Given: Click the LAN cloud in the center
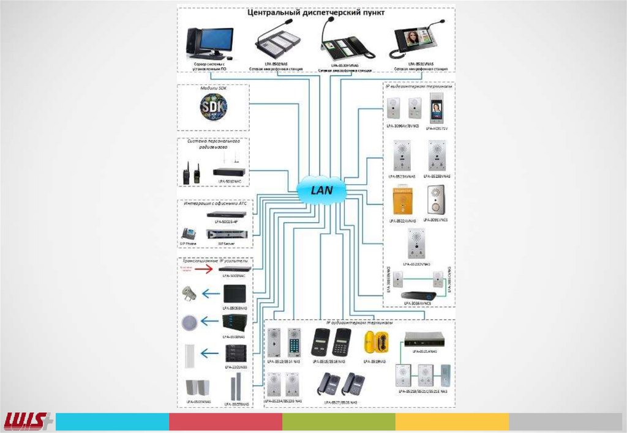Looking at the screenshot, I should (321, 190).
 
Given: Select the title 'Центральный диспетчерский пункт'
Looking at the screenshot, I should (315, 13).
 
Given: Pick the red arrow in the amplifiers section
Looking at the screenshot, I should (201, 270).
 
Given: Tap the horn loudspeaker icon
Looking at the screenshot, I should (189, 294).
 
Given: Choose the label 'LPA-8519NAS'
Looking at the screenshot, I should (375, 361).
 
